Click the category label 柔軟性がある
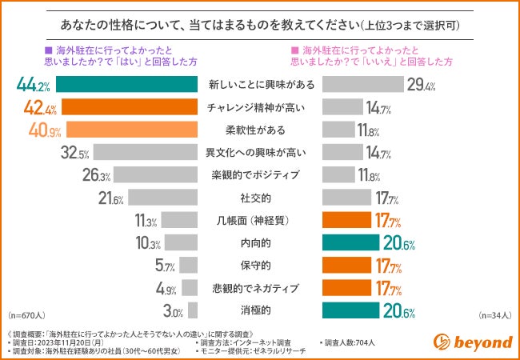(260, 129)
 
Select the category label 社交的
(260, 197)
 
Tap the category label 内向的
(260, 242)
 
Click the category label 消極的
(260, 309)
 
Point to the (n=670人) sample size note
(26, 316)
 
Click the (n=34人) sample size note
(494, 316)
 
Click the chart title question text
(260, 23)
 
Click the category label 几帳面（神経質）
(260, 219)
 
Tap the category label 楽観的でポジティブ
(260, 174)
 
